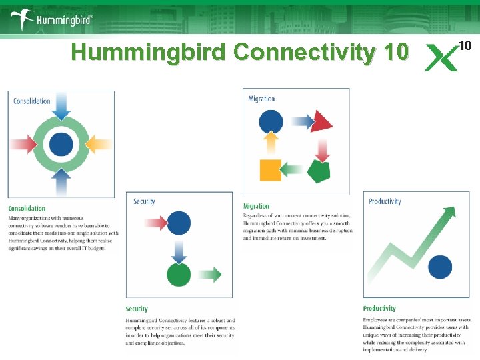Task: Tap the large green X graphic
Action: click(442, 58)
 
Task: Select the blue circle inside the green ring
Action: click(61, 143)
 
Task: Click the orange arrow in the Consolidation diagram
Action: click(99, 143)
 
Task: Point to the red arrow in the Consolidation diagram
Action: click(23, 143)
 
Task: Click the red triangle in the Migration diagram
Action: click(322, 121)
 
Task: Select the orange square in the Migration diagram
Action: click(270, 170)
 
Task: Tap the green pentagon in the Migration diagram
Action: click(319, 171)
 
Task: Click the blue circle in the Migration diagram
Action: click(271, 121)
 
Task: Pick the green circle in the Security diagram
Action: click(179, 274)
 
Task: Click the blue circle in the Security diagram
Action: click(179, 222)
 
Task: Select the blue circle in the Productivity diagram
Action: click(440, 267)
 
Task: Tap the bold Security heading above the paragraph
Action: click(137, 309)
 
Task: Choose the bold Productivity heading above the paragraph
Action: click(379, 308)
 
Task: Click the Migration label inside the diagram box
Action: click(261, 99)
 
